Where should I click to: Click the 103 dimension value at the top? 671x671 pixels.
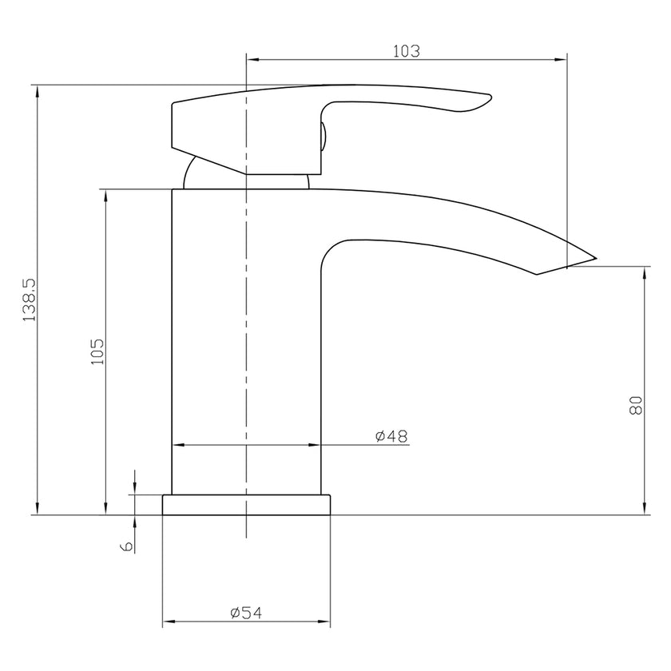point(406,50)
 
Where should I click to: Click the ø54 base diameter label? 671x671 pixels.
point(246,613)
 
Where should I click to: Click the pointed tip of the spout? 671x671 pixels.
point(596,257)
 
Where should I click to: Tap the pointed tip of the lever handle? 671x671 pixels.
point(490,99)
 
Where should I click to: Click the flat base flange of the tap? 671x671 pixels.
point(246,505)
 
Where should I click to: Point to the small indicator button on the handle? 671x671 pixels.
point(324,135)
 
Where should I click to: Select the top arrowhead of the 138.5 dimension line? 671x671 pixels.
point(36,90)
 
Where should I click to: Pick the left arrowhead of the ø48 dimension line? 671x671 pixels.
point(178,445)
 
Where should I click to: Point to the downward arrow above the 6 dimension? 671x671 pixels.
point(134,489)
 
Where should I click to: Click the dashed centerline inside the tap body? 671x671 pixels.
point(246,335)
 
